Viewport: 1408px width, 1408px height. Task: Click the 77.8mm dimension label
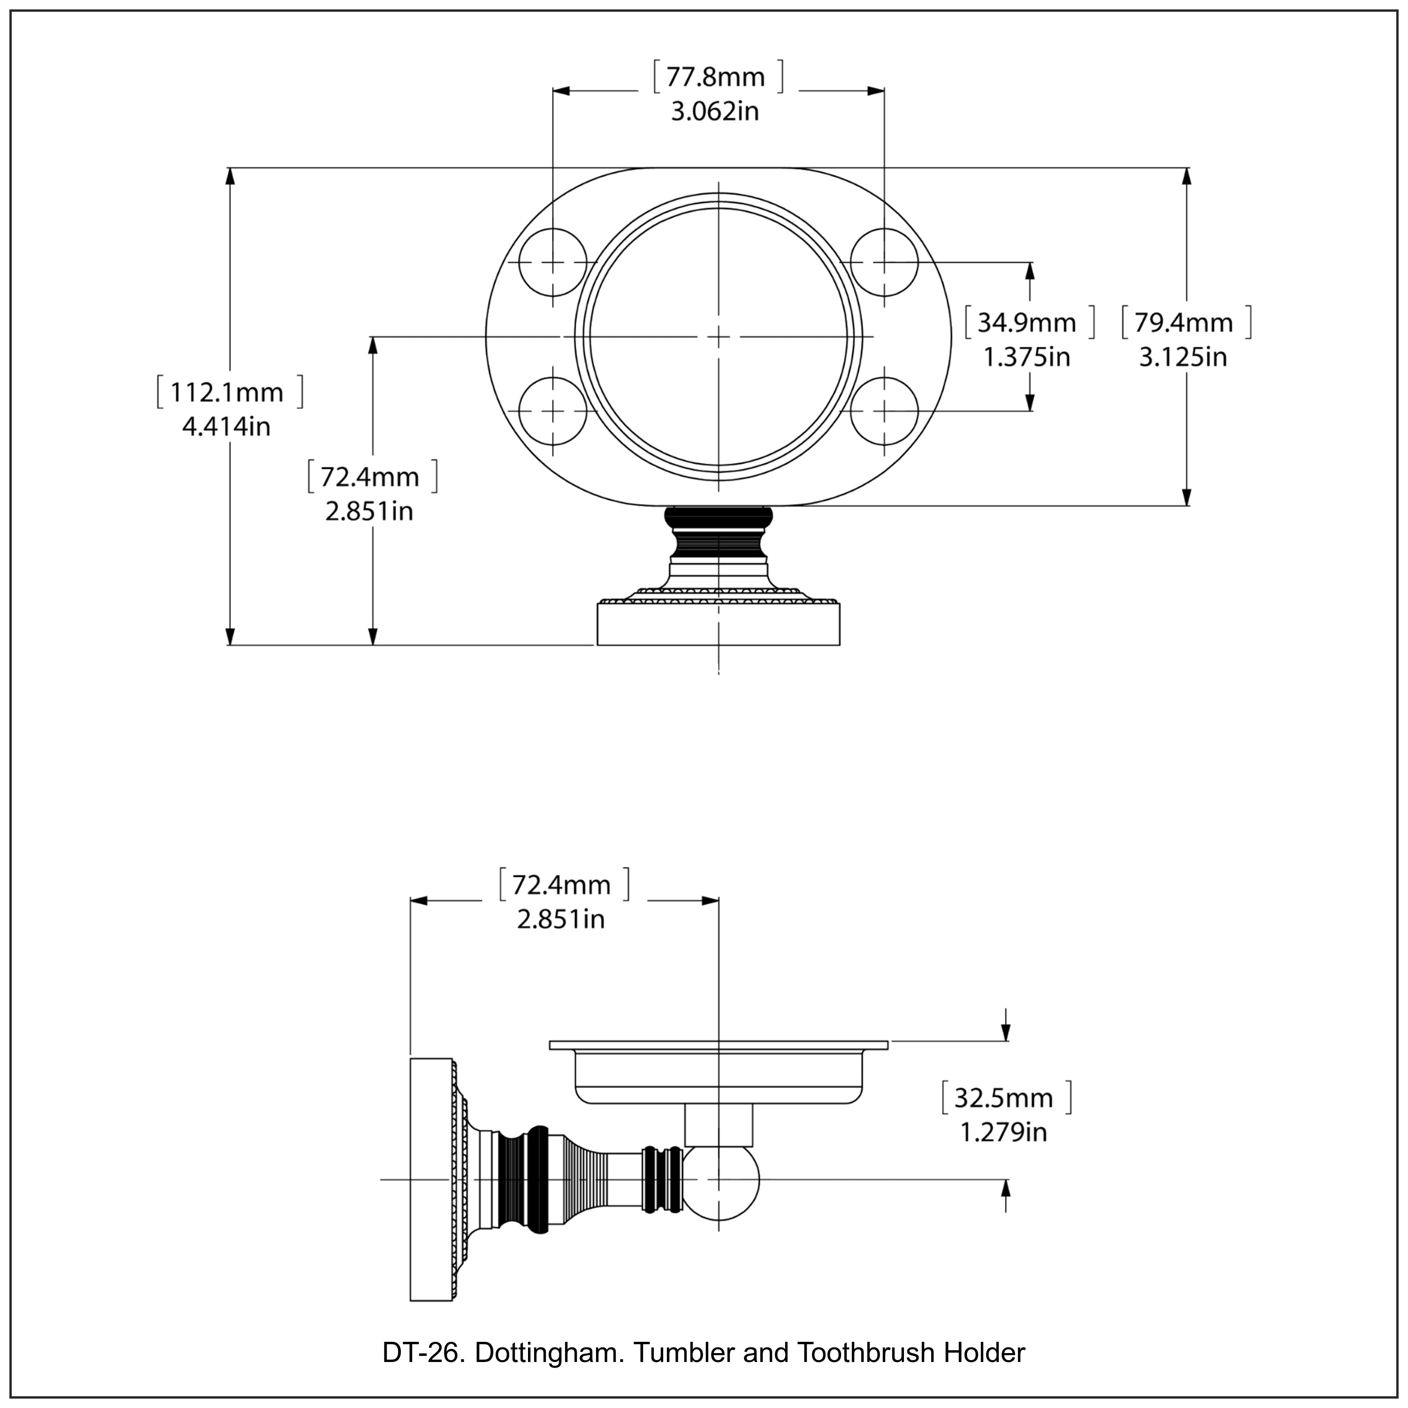[x=716, y=77]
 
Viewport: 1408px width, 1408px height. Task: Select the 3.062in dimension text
[x=715, y=112]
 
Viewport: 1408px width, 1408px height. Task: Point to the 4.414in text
[x=226, y=426]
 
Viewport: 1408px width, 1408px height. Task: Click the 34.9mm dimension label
[x=1027, y=322]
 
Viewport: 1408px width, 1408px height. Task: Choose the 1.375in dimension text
[x=1027, y=357]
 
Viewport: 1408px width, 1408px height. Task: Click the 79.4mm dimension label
[x=1184, y=322]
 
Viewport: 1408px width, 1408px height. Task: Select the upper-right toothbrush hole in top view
[x=884, y=262]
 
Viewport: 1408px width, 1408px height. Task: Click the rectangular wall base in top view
[x=718, y=625]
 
